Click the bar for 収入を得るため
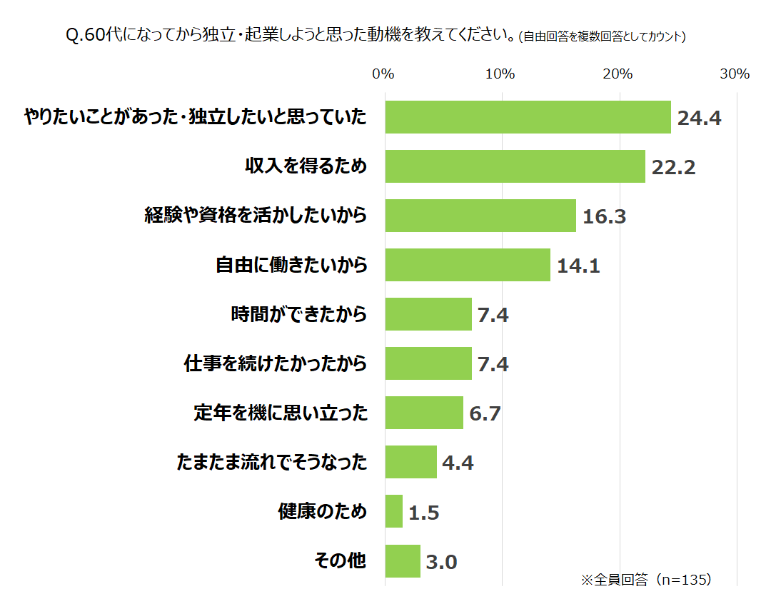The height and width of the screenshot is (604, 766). click(515, 166)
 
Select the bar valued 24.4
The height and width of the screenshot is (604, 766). click(528, 117)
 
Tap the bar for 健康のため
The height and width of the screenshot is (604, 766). click(393, 511)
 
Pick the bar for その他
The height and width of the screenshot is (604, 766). click(403, 561)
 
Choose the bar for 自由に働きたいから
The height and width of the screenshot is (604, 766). click(468, 265)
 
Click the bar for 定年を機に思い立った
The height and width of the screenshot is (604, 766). click(424, 413)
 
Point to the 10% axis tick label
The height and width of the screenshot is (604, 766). click(500, 74)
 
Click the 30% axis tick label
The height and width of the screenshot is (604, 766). click(734, 74)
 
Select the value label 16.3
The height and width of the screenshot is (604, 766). click(604, 216)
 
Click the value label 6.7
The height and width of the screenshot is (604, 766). click(485, 413)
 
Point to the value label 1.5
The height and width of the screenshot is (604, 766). click(424, 513)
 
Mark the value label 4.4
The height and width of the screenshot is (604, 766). click(458, 463)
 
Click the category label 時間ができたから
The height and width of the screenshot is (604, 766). click(298, 313)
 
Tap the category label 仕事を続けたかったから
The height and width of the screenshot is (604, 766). click(276, 363)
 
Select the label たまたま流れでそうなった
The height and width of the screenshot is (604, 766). click(271, 463)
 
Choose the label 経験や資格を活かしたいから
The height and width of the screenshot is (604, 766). click(256, 215)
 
